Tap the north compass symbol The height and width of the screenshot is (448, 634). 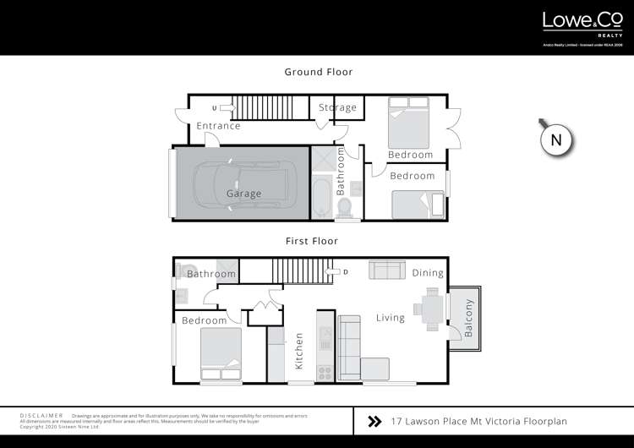point(556,139)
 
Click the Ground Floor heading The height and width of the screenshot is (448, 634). point(318,73)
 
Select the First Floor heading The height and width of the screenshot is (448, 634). point(311,241)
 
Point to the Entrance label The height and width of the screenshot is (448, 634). point(218,127)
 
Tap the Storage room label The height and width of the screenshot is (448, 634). point(338,108)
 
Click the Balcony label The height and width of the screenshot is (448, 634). point(469,319)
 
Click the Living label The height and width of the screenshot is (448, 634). point(391,319)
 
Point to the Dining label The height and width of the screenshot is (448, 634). point(428,273)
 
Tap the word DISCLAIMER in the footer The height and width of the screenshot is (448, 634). point(41,416)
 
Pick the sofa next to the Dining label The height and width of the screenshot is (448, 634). point(386,270)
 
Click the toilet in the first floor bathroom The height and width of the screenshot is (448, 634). point(183,270)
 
